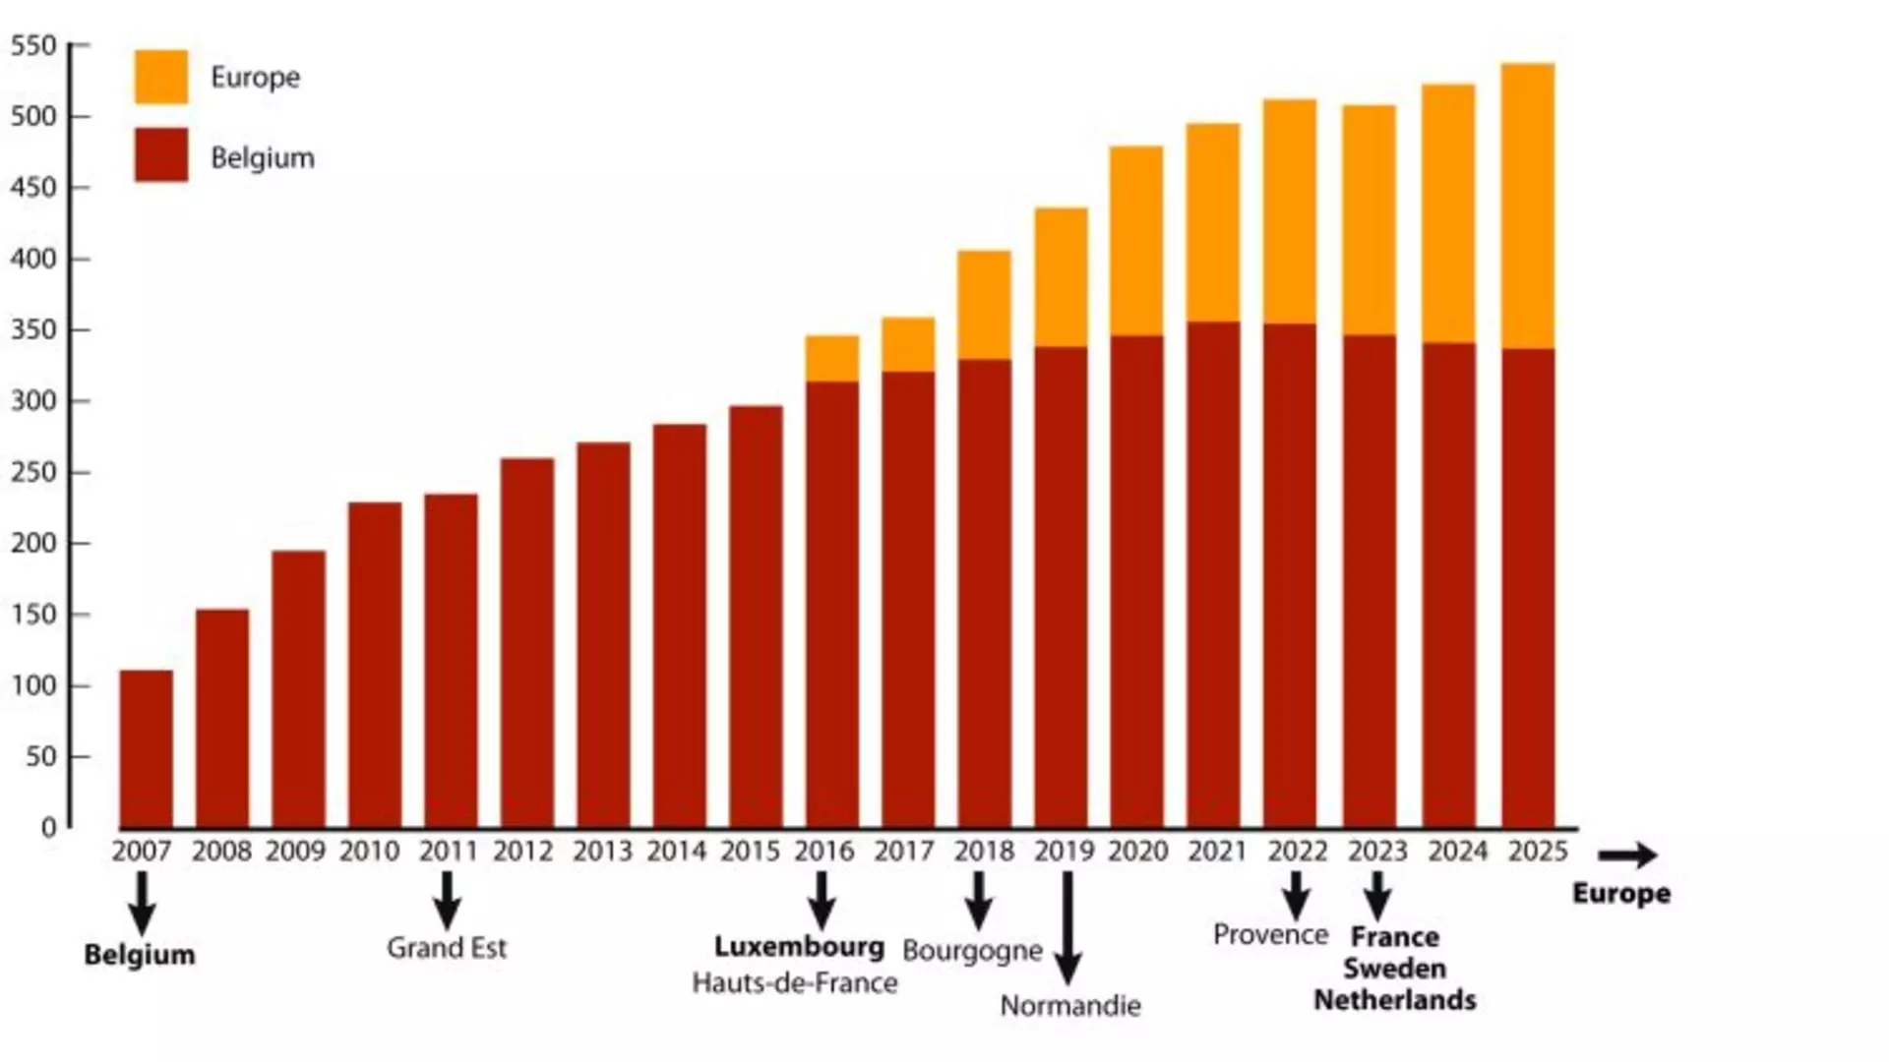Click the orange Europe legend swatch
[161, 77]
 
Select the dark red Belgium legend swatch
[161, 154]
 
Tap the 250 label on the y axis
[35, 472]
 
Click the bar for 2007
[147, 749]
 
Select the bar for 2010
[375, 665]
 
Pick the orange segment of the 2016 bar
[832, 359]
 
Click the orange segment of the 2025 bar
[1528, 206]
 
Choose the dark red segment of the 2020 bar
[1137, 582]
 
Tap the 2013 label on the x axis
[602, 852]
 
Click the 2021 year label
[1217, 852]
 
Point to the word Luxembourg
[799, 947]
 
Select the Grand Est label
[447, 948]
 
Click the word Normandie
[1070, 1006]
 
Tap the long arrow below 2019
[1067, 928]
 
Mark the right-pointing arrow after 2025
[1628, 855]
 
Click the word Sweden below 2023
[1394, 969]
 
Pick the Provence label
[1270, 934]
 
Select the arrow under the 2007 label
[142, 904]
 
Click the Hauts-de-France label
[795, 983]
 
